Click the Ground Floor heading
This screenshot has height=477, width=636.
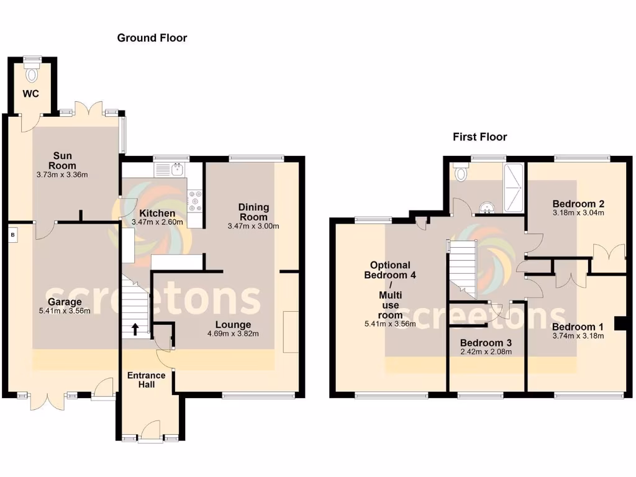pyautogui.click(x=152, y=38)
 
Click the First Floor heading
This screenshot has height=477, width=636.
pyautogui.click(x=479, y=137)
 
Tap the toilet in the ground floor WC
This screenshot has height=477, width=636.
pyautogui.click(x=32, y=73)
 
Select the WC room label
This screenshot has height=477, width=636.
pyautogui.click(x=32, y=94)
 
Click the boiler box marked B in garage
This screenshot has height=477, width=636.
pyautogui.click(x=12, y=235)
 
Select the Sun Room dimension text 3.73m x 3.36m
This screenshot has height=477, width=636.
pyautogui.click(x=62, y=175)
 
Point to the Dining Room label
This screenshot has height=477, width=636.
pyautogui.click(x=253, y=212)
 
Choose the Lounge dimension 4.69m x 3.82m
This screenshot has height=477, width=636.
pyautogui.click(x=233, y=334)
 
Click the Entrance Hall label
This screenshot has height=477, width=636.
pyautogui.click(x=146, y=379)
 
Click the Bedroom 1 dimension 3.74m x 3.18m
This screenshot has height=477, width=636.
pyautogui.click(x=578, y=336)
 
